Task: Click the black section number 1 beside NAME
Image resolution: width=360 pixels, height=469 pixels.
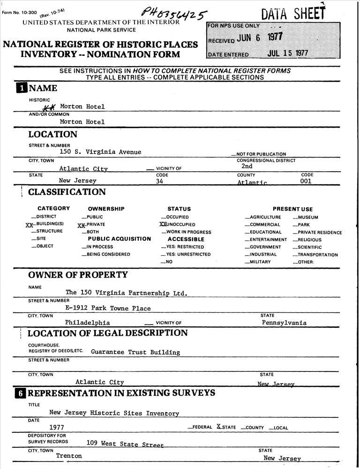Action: coord(22,88)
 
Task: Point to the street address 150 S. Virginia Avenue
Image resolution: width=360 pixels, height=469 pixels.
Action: coord(100,152)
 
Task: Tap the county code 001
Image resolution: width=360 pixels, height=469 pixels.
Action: coord(306,181)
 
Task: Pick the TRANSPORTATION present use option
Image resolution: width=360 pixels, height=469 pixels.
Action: coord(317,255)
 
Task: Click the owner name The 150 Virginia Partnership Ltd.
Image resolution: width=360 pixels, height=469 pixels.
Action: coord(127,293)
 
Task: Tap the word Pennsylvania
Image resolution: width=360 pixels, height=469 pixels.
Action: coord(284,323)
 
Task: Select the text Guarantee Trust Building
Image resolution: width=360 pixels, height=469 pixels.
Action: coord(135,352)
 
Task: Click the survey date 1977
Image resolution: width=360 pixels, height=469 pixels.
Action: coord(57,428)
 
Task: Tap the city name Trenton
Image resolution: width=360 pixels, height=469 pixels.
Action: coord(69,456)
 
